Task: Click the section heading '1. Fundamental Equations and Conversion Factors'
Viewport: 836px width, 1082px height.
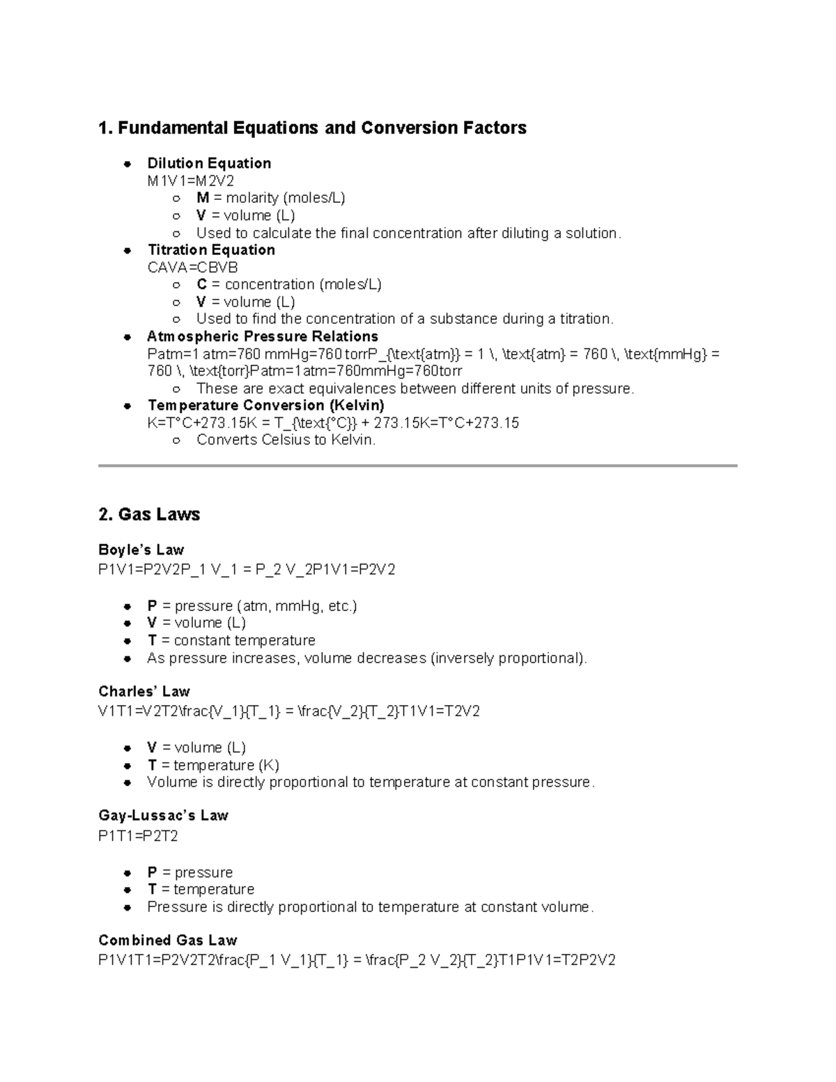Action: point(312,128)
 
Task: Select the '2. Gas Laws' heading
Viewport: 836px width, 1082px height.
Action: point(149,515)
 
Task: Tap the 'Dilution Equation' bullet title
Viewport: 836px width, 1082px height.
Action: point(209,164)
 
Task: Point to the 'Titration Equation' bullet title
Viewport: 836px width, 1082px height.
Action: point(211,250)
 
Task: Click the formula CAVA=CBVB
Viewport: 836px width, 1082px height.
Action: point(192,268)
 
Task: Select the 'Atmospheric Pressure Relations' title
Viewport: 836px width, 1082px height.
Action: point(263,337)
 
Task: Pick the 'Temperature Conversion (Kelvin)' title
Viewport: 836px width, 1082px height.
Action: point(265,405)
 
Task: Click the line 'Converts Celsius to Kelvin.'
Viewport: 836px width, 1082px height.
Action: point(286,440)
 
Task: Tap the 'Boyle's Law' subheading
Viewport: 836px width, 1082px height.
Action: point(141,550)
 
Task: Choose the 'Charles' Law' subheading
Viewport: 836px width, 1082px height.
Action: point(144,692)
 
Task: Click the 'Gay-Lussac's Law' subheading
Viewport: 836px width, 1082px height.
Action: point(163,816)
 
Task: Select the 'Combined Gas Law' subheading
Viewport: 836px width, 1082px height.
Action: point(168,940)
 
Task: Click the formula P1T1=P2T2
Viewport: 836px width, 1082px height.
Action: point(138,836)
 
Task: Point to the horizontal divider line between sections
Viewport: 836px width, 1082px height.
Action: point(417,465)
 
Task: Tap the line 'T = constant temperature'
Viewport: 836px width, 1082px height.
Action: point(231,640)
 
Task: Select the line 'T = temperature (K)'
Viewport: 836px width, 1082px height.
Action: point(213,765)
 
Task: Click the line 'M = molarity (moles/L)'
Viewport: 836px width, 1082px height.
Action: point(270,199)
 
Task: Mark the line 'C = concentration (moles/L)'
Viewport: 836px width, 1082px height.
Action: point(288,285)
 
